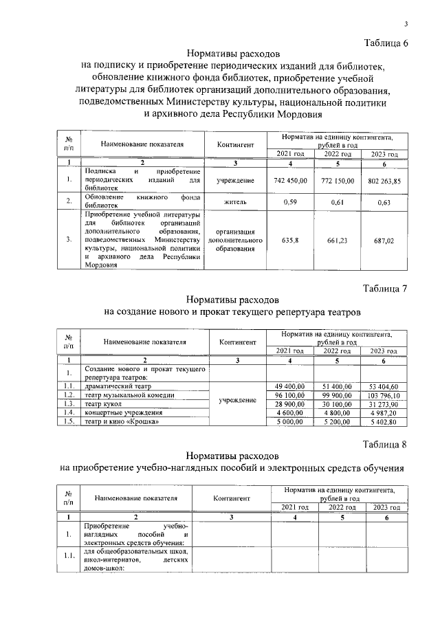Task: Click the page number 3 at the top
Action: (x=406, y=25)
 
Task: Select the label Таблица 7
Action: (x=384, y=289)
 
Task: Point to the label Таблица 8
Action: (x=384, y=444)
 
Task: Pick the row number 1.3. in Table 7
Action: (x=69, y=404)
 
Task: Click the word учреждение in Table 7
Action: (x=238, y=399)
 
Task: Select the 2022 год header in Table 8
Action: (x=341, y=507)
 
